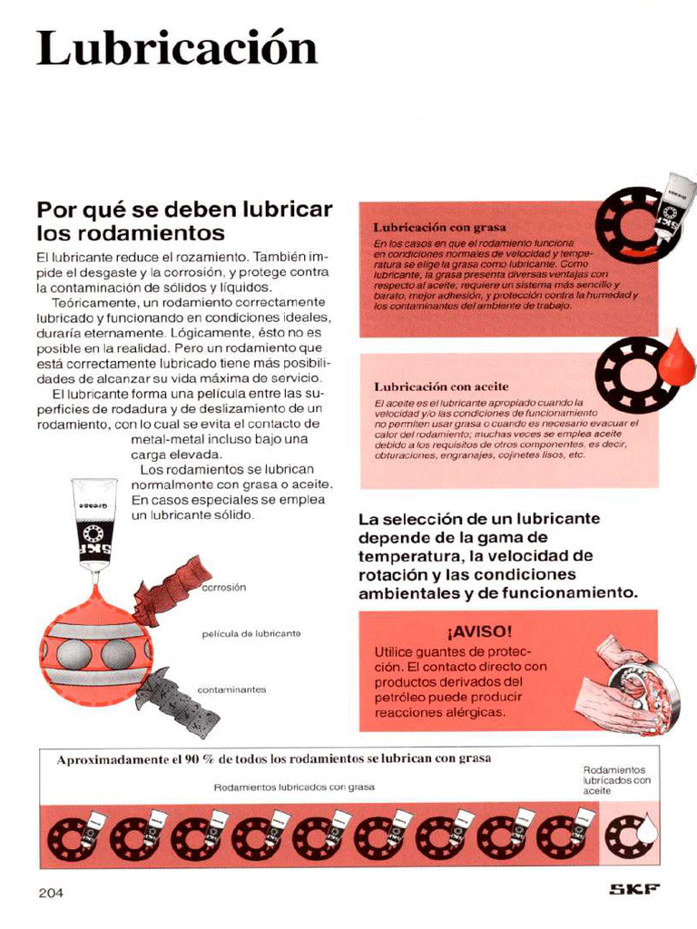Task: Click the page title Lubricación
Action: pos(177,48)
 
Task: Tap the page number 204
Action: pos(51,893)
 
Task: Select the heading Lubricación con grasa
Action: pos(439,227)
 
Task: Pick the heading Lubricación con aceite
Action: pos(441,386)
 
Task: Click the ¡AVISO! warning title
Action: pos(479,631)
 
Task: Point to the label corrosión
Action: pos(224,587)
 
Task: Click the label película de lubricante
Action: pos(251,633)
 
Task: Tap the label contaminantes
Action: pos(231,689)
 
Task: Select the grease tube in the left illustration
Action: pos(94,524)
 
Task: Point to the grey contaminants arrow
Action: pos(178,699)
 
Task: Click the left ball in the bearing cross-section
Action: pos(74,654)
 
